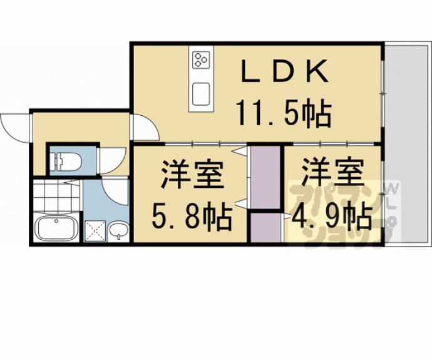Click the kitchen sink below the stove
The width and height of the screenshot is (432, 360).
point(202,94)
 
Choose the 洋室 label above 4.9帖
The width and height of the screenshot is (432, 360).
point(331,173)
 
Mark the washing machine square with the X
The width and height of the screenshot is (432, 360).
point(95,231)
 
